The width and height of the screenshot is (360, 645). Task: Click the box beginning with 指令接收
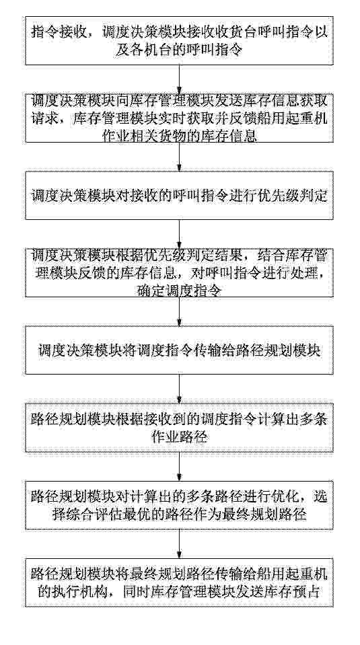[180, 41]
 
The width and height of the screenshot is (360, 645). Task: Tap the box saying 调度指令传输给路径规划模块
[180, 350]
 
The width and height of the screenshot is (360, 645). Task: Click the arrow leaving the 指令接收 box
[180, 79]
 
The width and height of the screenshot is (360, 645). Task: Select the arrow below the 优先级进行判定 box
[180, 233]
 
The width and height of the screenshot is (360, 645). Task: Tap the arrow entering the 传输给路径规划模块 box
[180, 311]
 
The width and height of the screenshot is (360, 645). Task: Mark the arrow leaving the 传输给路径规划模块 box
[180, 389]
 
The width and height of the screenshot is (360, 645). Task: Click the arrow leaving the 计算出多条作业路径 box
[180, 466]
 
